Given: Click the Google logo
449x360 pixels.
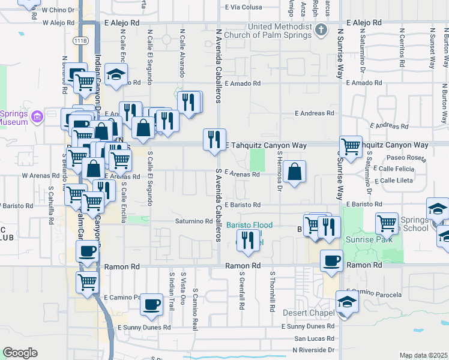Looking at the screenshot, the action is (20, 353).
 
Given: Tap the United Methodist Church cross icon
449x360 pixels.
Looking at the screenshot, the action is (321, 29).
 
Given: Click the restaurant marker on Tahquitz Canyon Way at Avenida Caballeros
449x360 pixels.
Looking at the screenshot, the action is (214, 140).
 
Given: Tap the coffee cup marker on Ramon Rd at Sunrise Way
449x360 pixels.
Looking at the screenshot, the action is (331, 261).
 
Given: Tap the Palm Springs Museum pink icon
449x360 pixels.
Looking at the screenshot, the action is (37, 115).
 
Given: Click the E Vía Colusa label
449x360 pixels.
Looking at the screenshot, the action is (244, 7).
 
